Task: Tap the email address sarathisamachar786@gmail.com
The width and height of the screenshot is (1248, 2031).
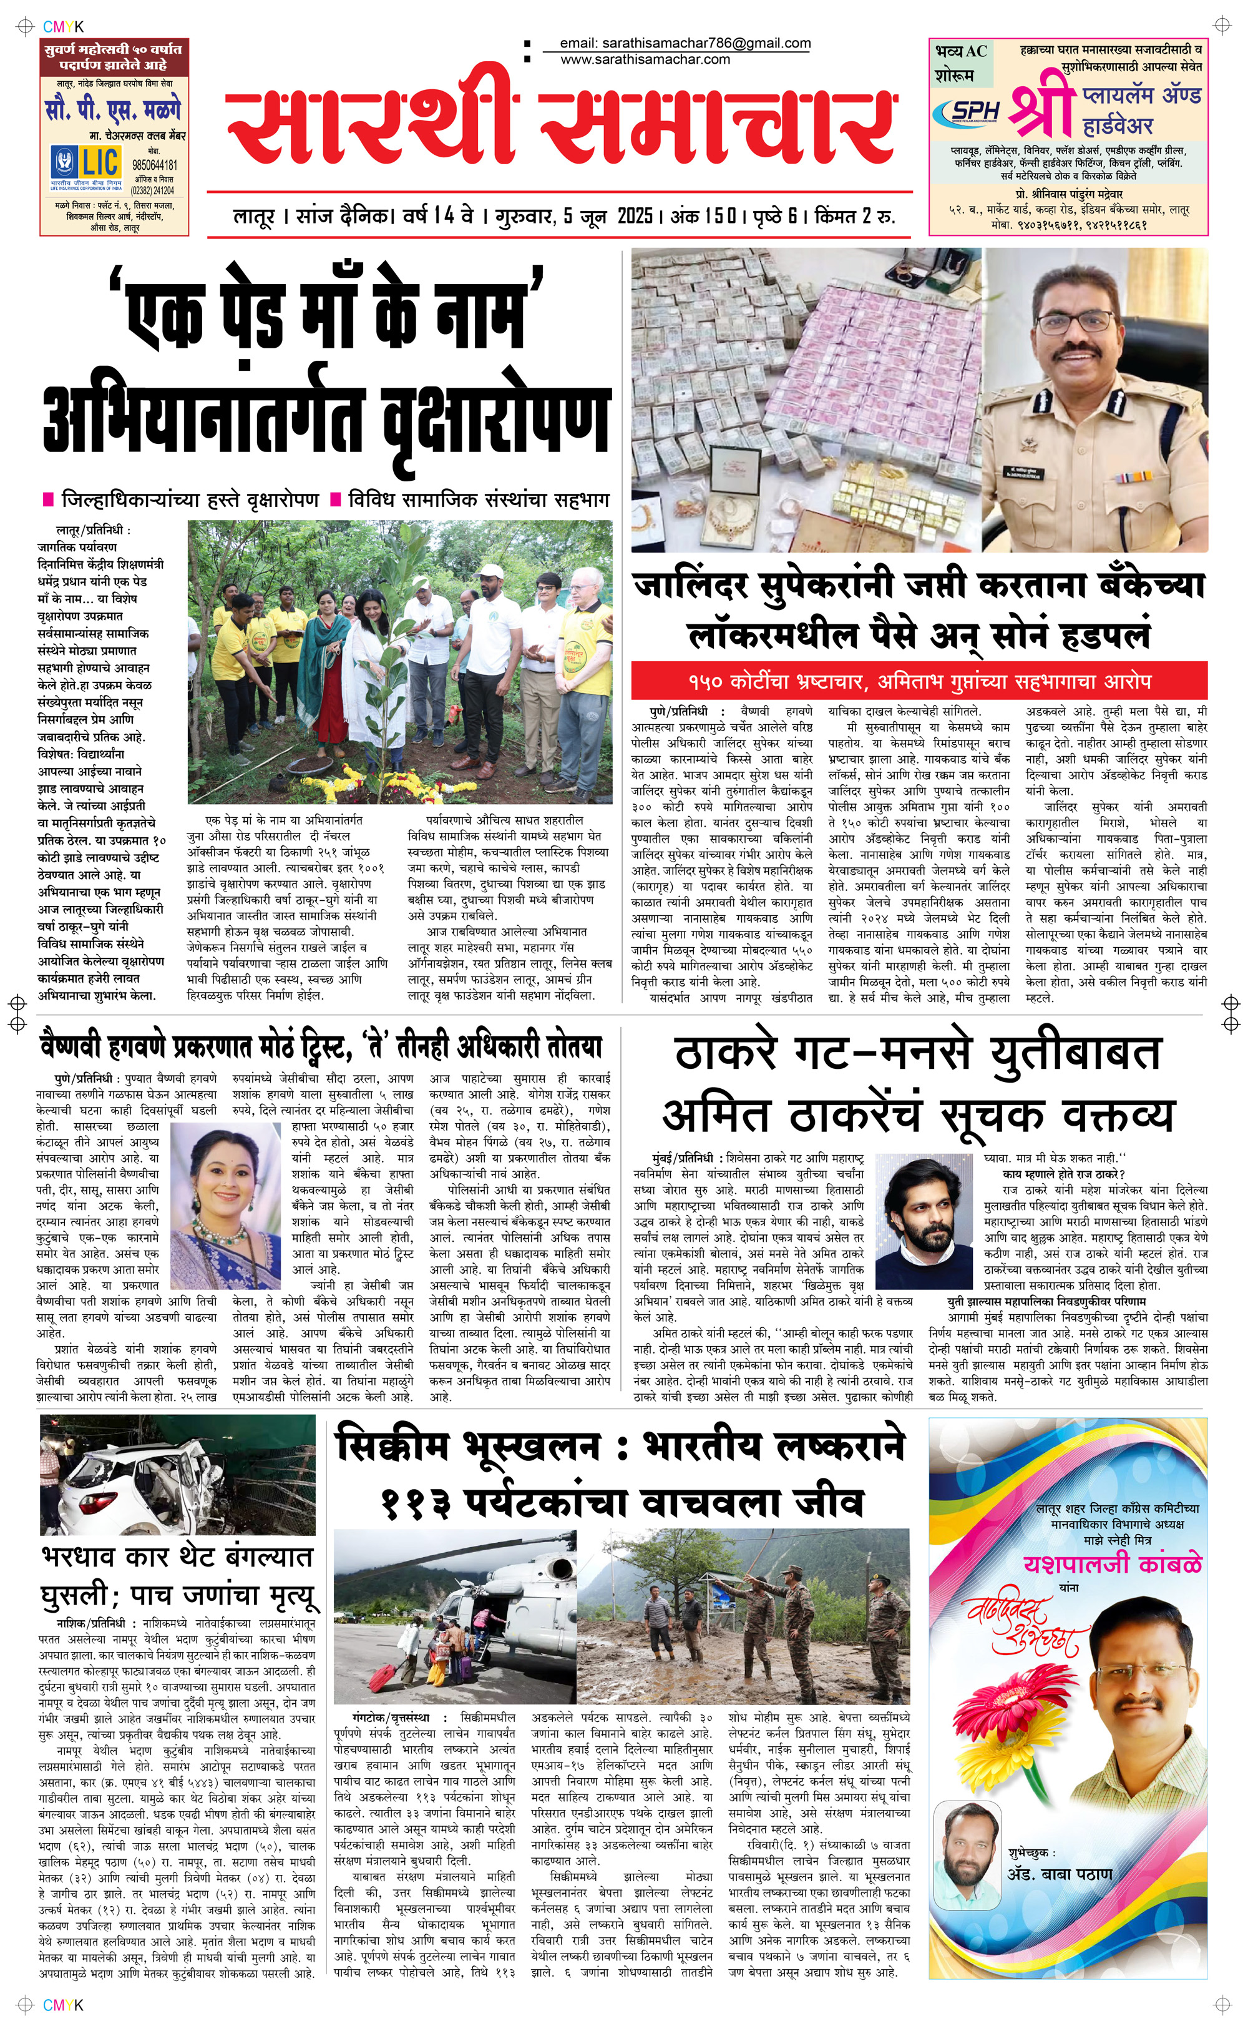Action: (x=685, y=43)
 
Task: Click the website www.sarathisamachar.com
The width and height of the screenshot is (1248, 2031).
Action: (x=645, y=59)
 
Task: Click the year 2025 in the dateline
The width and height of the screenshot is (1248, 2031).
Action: (x=636, y=216)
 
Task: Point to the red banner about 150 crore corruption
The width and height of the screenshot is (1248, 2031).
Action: (x=919, y=682)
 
